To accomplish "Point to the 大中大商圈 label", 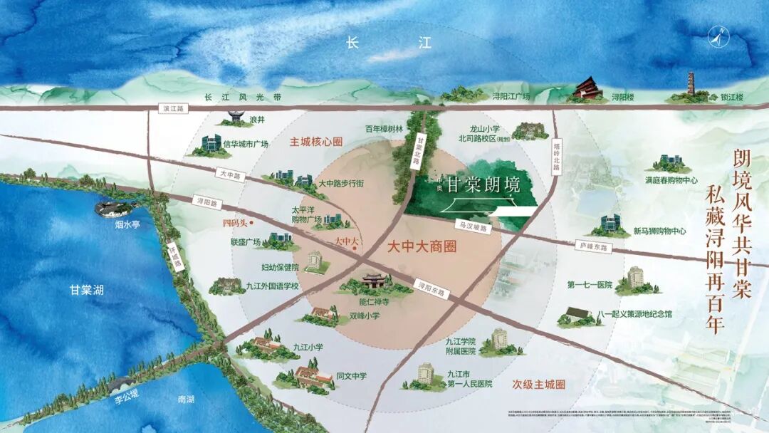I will click(422, 248).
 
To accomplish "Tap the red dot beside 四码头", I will click(252, 223).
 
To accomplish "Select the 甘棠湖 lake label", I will click(87, 290).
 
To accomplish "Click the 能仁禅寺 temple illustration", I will click(375, 282).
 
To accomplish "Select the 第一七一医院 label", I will click(590, 285).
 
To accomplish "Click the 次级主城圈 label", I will click(538, 384).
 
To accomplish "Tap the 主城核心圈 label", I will click(315, 142).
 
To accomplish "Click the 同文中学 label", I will click(352, 376).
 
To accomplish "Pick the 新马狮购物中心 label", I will click(659, 231).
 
